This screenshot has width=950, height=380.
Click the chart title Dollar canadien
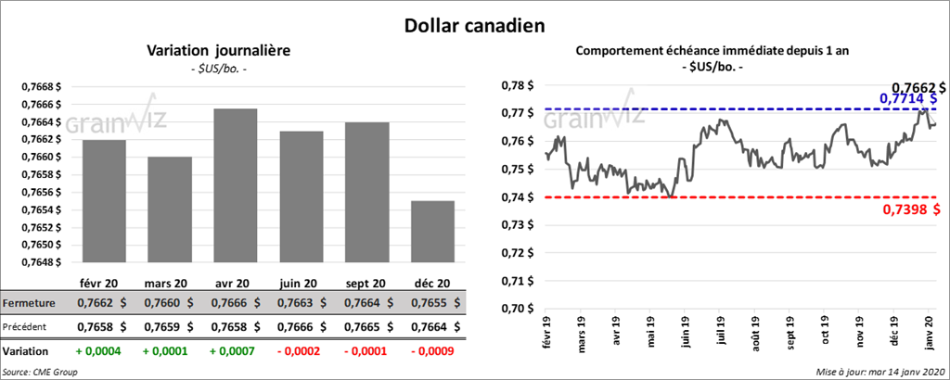coord(474,24)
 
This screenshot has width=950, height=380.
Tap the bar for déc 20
coord(433,232)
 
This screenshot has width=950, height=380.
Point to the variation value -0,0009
coord(432,352)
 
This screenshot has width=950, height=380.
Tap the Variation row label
coord(26,352)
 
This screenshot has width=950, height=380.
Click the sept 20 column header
coord(366,283)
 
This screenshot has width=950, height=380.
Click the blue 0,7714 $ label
coord(908,98)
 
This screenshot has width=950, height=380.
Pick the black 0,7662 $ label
coord(913,86)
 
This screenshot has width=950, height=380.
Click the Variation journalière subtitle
coord(219,51)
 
